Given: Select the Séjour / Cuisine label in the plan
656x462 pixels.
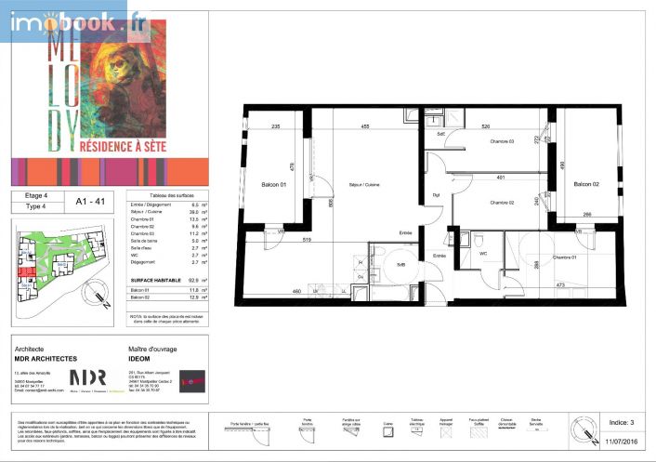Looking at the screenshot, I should point(364,184).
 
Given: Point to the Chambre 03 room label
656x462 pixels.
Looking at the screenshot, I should point(502,141).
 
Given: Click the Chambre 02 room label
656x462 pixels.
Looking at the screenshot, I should point(502,202).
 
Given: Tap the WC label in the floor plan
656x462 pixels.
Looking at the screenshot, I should point(483,253).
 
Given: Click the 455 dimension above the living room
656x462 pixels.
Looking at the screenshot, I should point(366,126).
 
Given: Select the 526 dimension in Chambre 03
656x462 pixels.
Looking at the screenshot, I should point(485,126).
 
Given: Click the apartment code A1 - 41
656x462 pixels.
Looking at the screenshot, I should point(89,198).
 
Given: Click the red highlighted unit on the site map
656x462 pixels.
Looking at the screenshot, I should point(27,271).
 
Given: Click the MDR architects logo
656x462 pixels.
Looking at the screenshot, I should point(88,377).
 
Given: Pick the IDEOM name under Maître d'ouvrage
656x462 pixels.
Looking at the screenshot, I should point(139,358).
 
